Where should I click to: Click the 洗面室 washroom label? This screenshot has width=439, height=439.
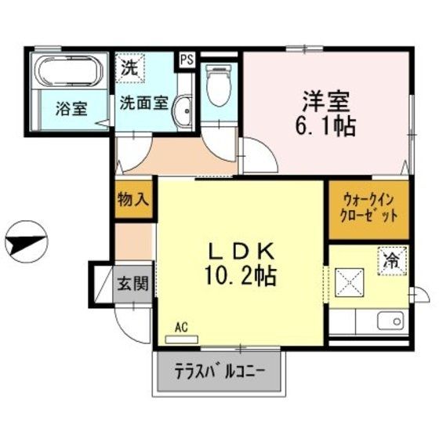[x=143, y=102]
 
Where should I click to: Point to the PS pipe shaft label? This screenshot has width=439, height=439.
[x=187, y=58]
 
